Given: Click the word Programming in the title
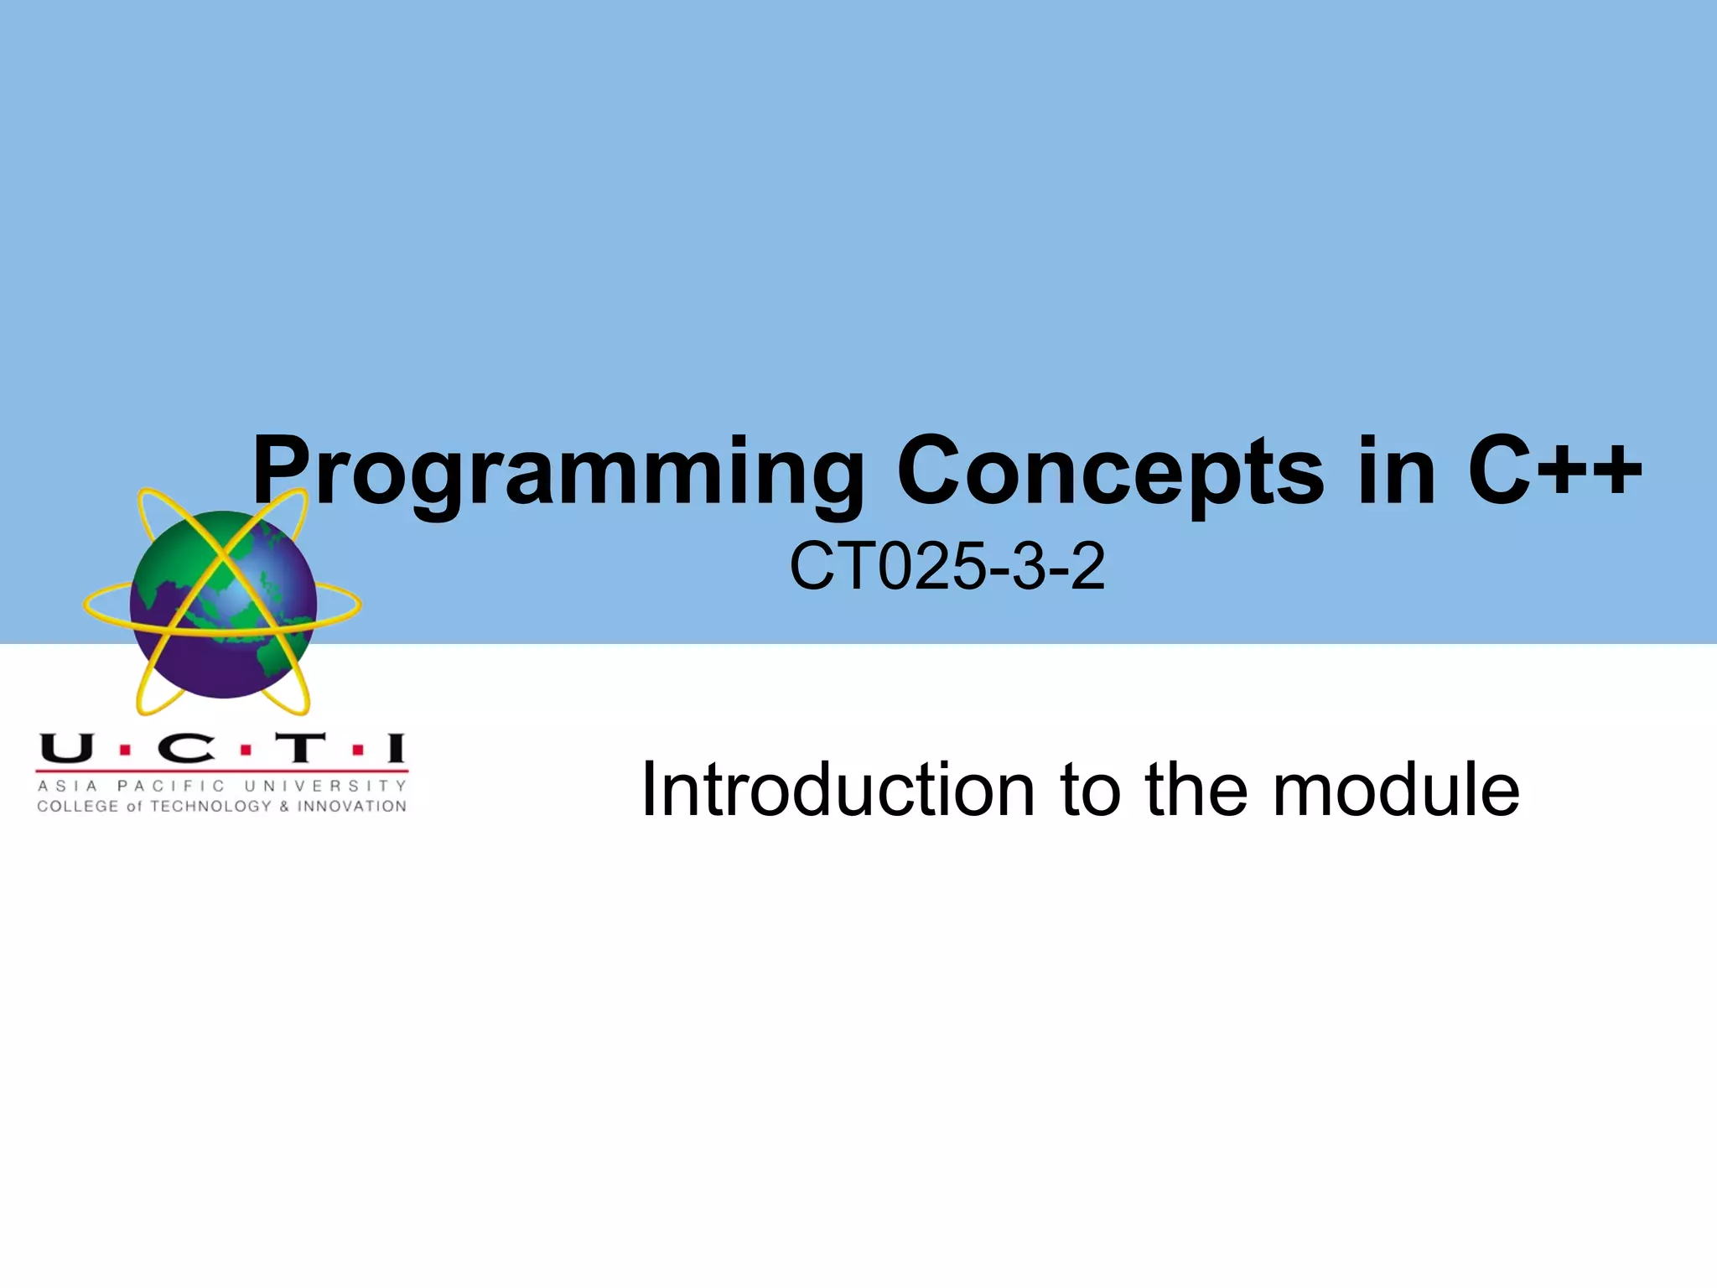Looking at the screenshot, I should tap(558, 474).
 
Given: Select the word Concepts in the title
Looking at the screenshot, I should tap(1110, 474).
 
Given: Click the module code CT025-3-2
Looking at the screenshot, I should tap(947, 567).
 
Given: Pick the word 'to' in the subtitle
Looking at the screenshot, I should tap(1091, 792).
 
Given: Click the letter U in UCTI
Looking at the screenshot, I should tap(66, 748).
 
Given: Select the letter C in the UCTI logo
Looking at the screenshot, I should tap(186, 748).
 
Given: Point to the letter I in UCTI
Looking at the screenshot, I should tap(395, 748).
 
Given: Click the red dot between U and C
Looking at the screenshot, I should tap(125, 750).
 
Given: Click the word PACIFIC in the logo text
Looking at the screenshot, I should tap(171, 787).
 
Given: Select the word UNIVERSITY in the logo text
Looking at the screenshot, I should tap(325, 787).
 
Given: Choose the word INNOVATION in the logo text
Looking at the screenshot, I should tap(351, 807).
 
